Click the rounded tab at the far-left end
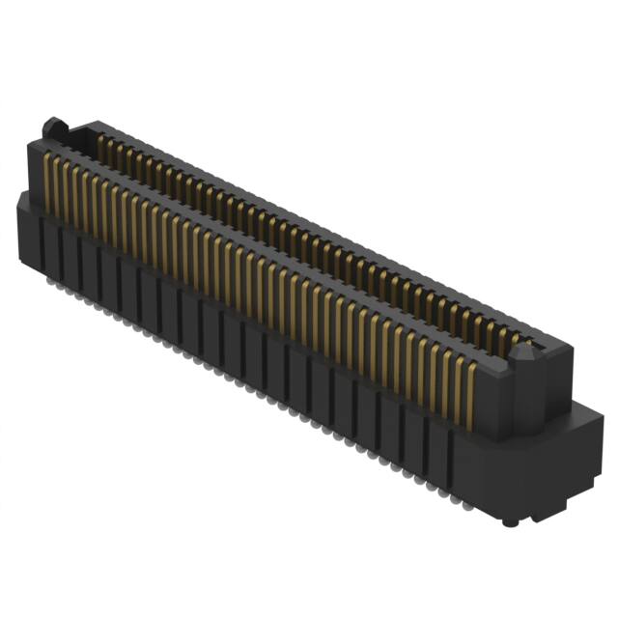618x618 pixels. [x=53, y=127]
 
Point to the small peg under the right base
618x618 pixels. [x=509, y=521]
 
